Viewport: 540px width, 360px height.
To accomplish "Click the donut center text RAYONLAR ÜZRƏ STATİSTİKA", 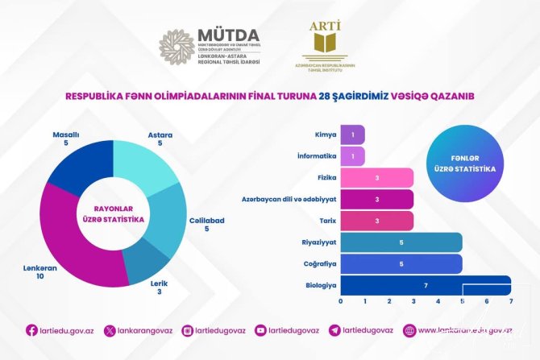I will [x=114, y=214].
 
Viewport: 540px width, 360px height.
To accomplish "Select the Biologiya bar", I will [x=425, y=284].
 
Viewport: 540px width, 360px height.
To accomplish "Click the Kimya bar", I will [x=352, y=134].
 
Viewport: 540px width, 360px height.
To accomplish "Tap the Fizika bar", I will [x=376, y=177].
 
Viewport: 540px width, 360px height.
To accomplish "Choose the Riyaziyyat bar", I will [x=401, y=242].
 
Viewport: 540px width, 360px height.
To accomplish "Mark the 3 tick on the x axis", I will [x=413, y=302].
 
